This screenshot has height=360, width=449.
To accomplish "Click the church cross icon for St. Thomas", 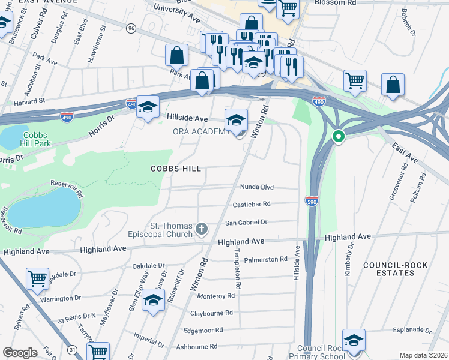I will coord(202,229).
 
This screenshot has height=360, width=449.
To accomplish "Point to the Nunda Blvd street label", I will coord(257,187).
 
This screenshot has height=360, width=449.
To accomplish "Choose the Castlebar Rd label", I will coord(252,204).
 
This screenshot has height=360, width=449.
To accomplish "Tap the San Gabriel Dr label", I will coord(246,222).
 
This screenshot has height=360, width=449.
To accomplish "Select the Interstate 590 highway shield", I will coord(311,200).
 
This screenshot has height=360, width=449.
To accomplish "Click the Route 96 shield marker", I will coord(131,28).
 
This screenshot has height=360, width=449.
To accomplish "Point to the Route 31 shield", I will coord(73,349).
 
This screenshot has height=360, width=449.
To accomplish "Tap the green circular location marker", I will coord(339,137).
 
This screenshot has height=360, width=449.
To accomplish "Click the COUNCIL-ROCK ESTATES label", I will coord(388,268).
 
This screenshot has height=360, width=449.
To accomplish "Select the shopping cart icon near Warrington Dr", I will coord(37,278).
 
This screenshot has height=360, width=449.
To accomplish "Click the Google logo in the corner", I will coord(20,353).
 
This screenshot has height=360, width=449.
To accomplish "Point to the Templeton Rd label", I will coord(238,269).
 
